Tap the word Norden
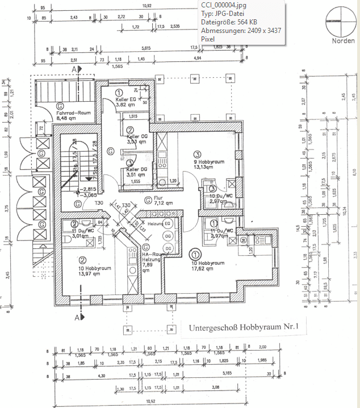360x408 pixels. click(x=344, y=40)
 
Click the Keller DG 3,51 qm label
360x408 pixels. click(x=136, y=172)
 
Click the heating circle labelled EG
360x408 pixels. click(x=168, y=224)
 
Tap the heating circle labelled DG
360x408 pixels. click(x=168, y=248)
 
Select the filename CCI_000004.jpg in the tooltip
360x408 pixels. click(x=223, y=5)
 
